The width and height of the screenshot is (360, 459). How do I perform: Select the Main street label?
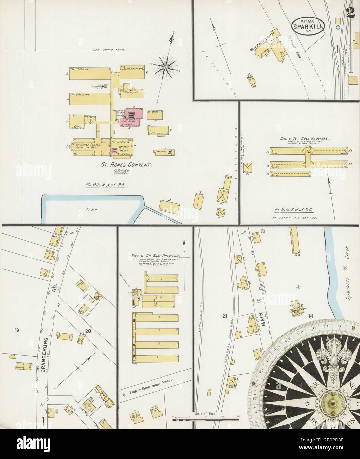pyautogui.click(x=264, y=320)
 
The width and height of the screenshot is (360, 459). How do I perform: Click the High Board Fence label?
pyautogui.click(x=106, y=50)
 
